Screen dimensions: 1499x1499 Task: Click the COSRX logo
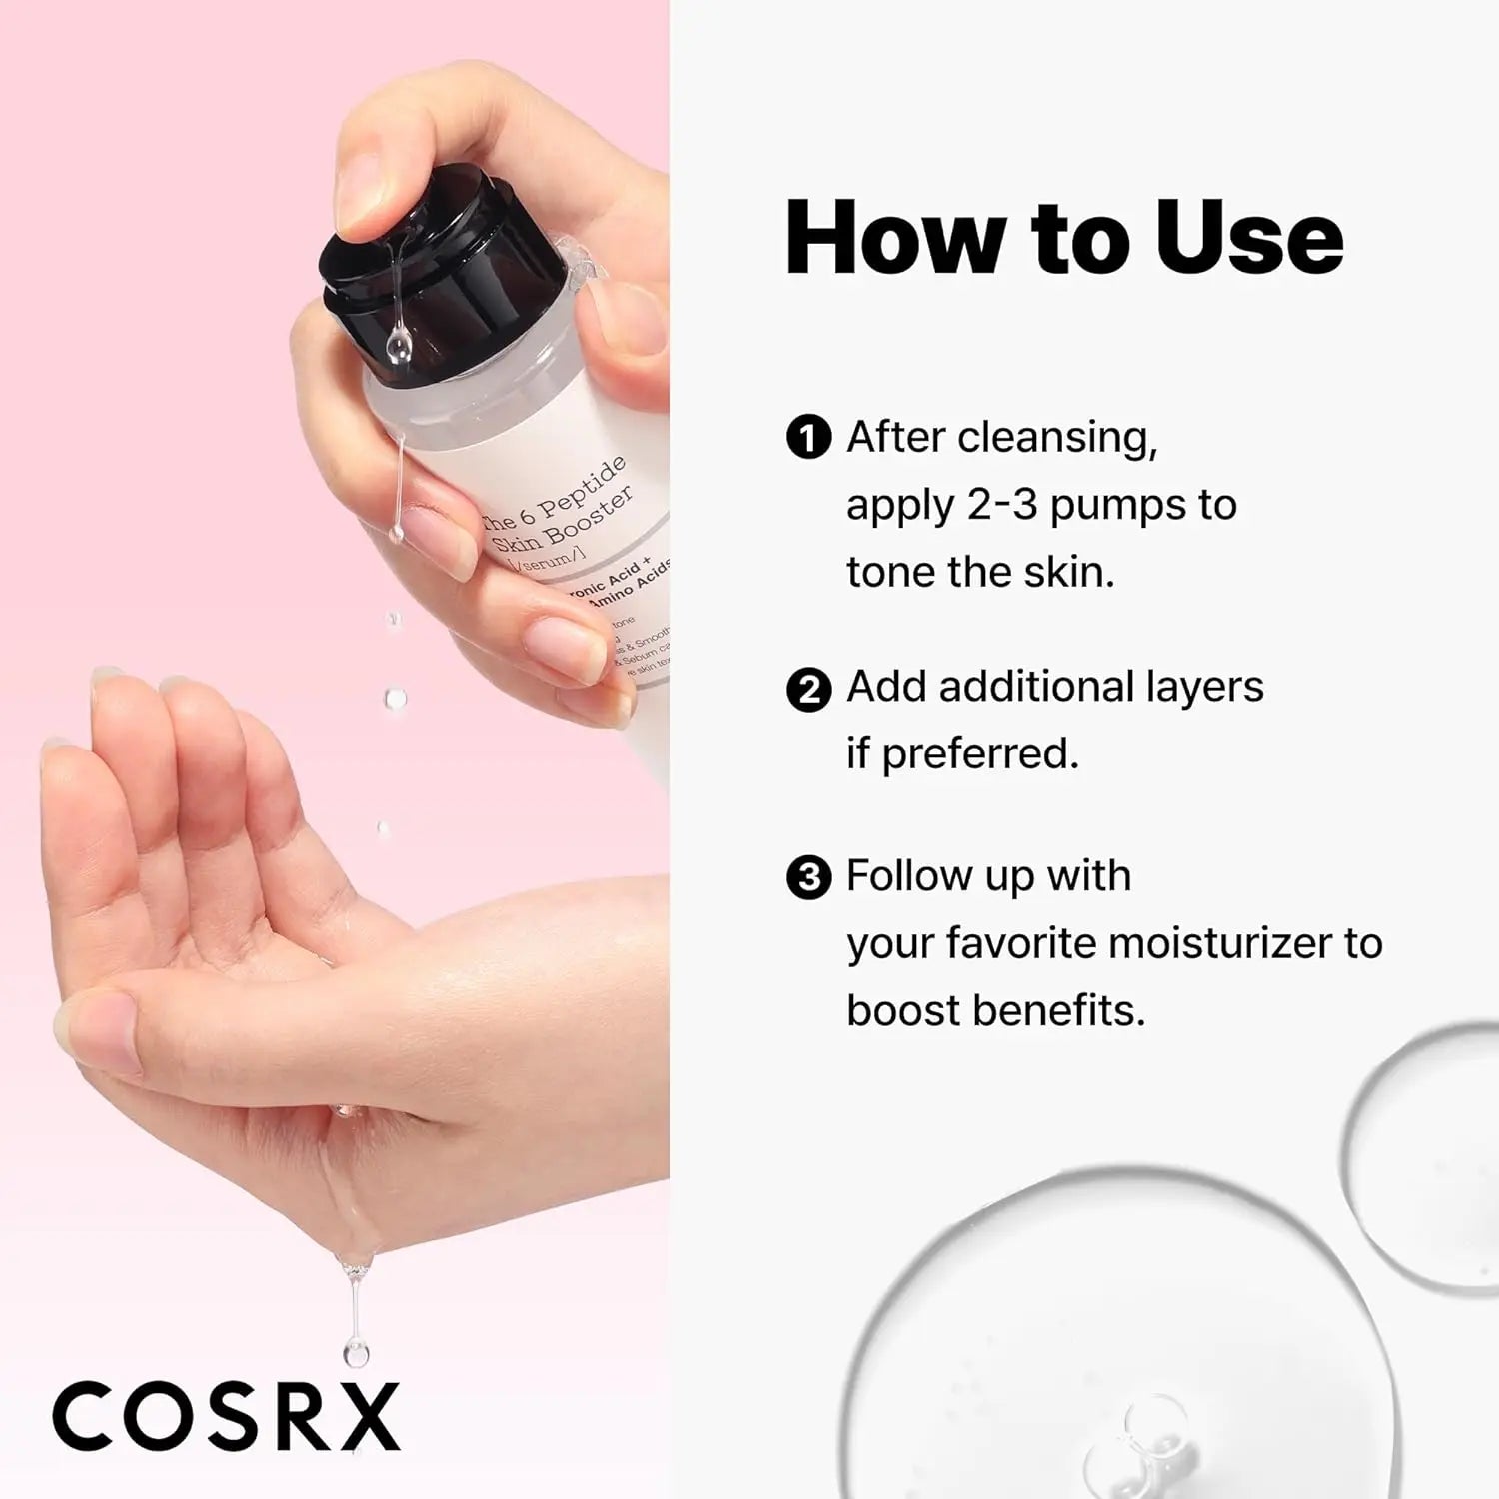226,1416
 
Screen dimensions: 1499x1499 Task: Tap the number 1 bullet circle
808,438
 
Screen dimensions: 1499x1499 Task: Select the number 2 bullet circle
808,690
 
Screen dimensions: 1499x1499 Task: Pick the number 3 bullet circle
808,878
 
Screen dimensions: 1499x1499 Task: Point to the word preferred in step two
979,754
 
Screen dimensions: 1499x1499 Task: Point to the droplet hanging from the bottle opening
398,345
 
